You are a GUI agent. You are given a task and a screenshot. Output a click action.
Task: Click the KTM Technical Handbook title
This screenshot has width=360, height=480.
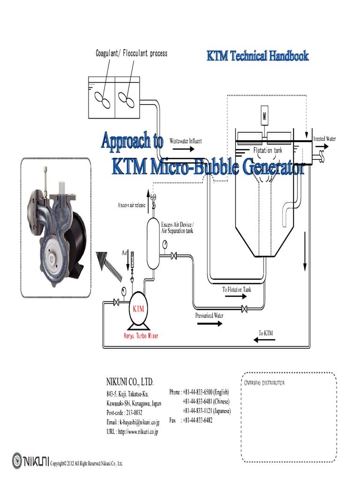click(258, 56)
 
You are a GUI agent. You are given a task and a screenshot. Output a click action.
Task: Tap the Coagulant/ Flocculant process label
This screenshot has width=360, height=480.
click(131, 53)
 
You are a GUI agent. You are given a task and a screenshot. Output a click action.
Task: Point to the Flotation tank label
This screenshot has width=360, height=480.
click(268, 150)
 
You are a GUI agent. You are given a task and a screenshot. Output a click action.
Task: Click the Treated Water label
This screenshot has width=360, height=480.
click(324, 139)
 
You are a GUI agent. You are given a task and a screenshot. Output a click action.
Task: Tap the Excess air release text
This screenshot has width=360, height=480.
click(132, 205)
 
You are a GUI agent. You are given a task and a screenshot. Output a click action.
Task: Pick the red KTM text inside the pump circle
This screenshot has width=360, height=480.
click(139, 309)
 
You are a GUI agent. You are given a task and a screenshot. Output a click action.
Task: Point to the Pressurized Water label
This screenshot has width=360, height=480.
click(209, 315)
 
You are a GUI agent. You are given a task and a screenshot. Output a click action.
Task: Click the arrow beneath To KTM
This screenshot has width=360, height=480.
click(265, 341)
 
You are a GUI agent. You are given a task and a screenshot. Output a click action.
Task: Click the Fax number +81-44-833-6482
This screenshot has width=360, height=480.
click(197, 420)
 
